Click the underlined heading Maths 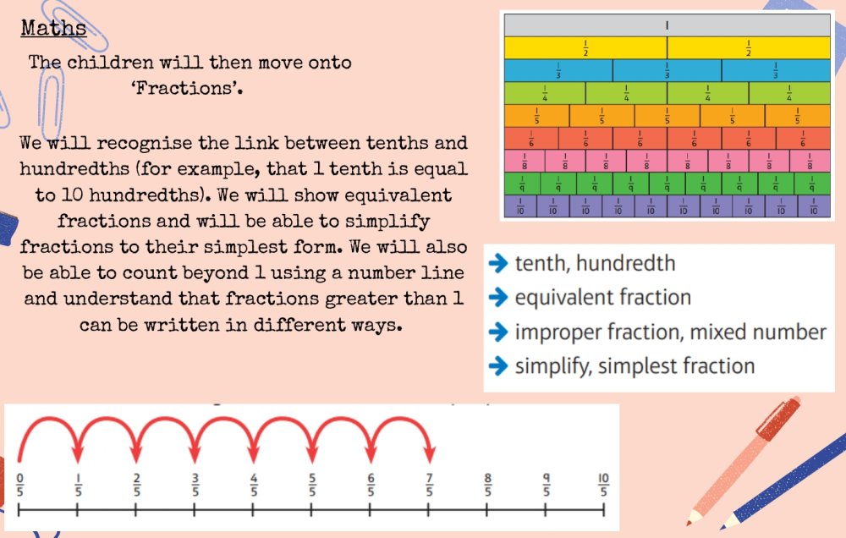(x=53, y=28)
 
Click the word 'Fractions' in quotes (x=186, y=87)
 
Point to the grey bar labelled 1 (x=667, y=25)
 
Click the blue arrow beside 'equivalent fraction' (x=498, y=297)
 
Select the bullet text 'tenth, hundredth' (x=595, y=263)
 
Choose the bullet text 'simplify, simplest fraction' (x=634, y=366)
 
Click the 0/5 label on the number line (x=20, y=485)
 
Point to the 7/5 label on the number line (x=429, y=485)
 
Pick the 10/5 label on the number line (x=603, y=485)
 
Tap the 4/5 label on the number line (x=254, y=485)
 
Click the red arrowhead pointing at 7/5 (x=430, y=454)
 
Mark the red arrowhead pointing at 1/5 (x=78, y=454)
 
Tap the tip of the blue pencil (x=723, y=527)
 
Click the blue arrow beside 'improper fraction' (x=498, y=332)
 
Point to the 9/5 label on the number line (x=546, y=485)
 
